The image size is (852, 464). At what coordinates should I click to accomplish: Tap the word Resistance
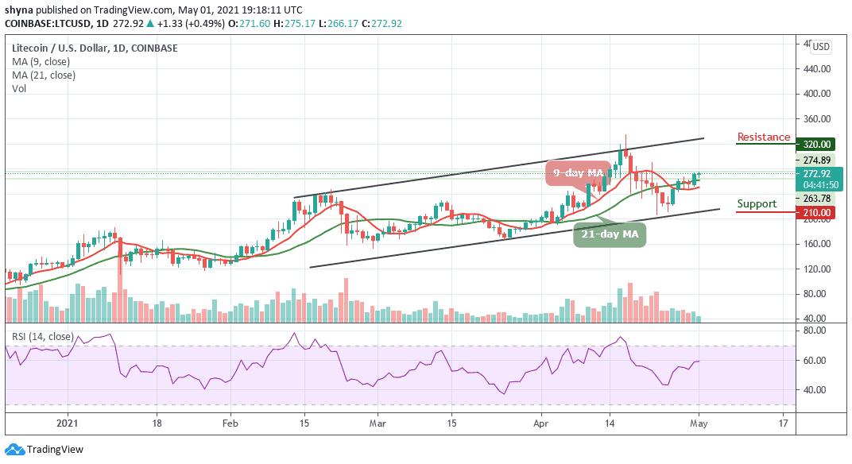pos(763,137)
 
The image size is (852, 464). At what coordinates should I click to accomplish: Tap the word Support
pos(757,204)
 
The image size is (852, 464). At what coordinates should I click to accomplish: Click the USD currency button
pos(820,47)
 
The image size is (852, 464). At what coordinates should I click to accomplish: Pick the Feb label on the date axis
pos(230,423)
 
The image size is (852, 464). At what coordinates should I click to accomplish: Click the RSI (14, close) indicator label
pos(41,337)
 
